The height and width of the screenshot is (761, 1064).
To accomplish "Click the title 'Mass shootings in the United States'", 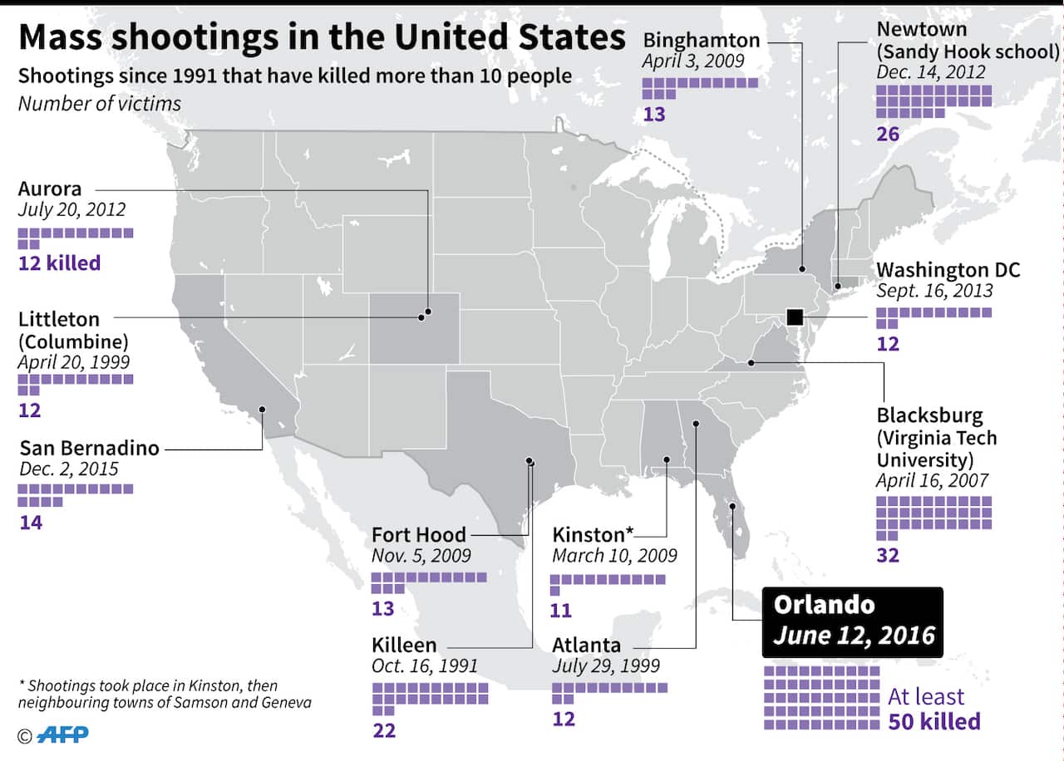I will [x=322, y=38].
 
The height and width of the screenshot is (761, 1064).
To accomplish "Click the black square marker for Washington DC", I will [x=794, y=317].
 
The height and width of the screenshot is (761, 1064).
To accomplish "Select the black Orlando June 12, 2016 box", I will [x=853, y=621].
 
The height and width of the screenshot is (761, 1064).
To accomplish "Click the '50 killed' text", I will [x=934, y=721].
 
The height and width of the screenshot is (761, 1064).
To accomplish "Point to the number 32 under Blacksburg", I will [x=888, y=555].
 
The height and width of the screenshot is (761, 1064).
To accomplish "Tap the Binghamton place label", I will [x=702, y=39].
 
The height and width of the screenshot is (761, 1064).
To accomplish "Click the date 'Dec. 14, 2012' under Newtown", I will [x=931, y=72].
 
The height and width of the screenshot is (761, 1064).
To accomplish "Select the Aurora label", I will [x=50, y=189].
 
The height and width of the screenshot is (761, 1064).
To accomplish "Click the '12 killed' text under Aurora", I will [x=59, y=263].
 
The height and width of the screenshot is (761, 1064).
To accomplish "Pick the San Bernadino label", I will [x=89, y=447].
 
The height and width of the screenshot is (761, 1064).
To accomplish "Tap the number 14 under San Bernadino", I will [x=31, y=523].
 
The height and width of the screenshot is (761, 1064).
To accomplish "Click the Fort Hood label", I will [x=419, y=534].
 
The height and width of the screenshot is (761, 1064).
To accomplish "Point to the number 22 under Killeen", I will [x=384, y=731].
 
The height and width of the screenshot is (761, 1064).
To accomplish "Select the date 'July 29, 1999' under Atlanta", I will [x=606, y=665].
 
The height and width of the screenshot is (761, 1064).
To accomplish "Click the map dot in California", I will [x=262, y=409].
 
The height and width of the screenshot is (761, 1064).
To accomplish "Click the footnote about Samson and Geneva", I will [x=147, y=695].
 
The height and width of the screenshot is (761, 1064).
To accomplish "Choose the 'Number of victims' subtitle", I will [x=100, y=104].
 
